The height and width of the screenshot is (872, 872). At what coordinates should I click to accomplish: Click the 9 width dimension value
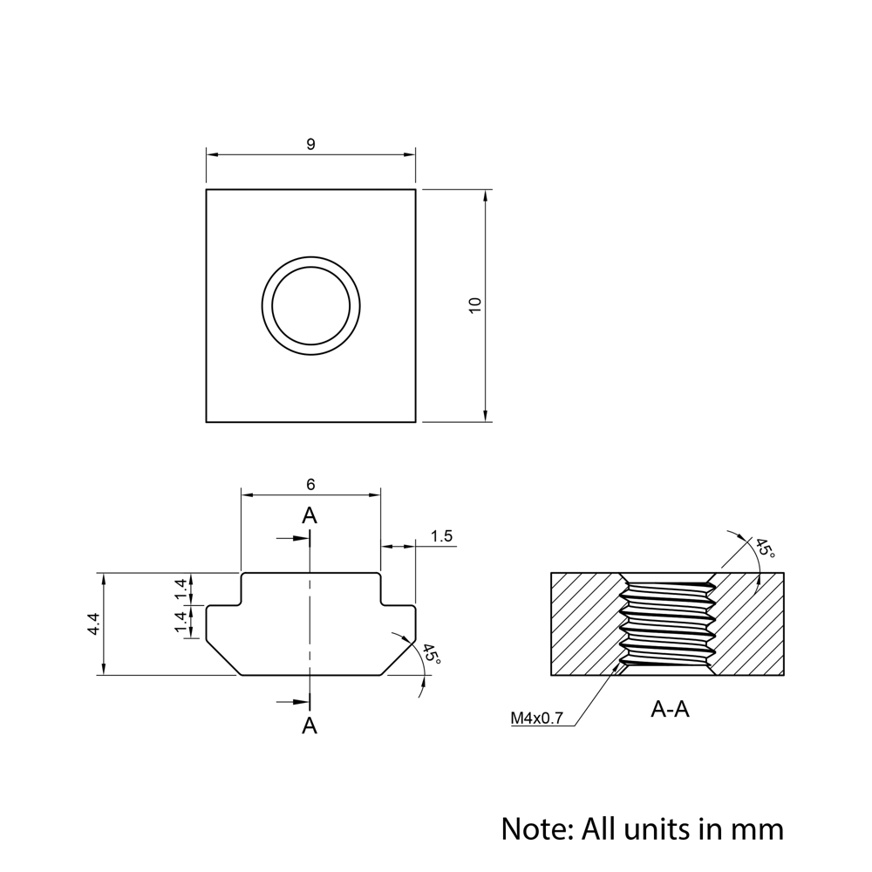(x=310, y=145)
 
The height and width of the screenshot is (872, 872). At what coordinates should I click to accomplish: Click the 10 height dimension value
(x=474, y=305)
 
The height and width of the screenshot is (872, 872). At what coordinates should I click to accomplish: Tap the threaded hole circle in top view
(x=311, y=305)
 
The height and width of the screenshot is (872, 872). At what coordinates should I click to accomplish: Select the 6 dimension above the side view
(x=310, y=484)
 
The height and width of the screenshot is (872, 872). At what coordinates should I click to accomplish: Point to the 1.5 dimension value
(x=442, y=536)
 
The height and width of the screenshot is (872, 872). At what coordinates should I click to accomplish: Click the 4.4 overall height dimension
(x=94, y=624)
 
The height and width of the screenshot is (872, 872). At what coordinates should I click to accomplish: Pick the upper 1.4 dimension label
(x=181, y=589)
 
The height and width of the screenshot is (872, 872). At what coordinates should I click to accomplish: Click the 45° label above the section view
(x=763, y=548)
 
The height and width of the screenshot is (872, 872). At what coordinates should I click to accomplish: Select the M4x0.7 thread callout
(x=537, y=719)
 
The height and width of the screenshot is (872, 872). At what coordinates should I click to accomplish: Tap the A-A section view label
(x=670, y=709)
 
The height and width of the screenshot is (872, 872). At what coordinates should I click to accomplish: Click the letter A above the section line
(x=310, y=516)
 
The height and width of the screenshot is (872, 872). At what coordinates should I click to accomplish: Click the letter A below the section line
(x=310, y=725)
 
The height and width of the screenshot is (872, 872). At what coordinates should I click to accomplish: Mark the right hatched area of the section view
(x=750, y=623)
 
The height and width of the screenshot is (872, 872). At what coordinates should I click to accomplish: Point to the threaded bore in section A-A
(x=667, y=623)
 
